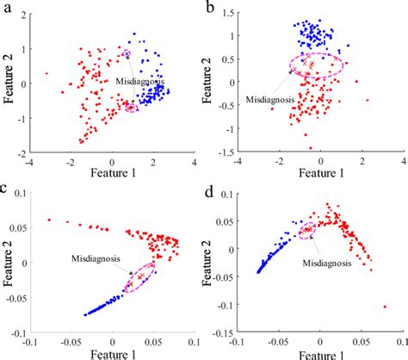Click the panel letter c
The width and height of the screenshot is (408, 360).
point(8,188)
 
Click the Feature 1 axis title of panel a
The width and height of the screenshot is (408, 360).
point(112,172)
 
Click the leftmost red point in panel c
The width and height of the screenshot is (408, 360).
point(49,220)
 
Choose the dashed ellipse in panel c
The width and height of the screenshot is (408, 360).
point(138,278)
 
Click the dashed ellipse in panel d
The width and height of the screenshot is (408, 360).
point(308,230)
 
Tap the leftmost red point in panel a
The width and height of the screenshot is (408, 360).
point(47,74)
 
